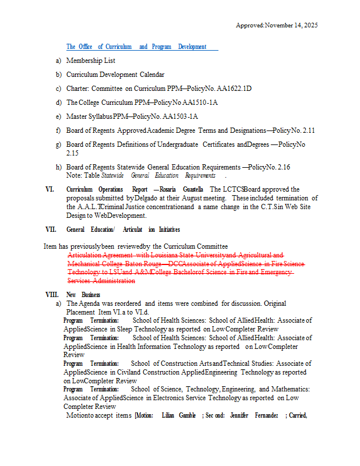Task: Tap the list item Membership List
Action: (x=90, y=61)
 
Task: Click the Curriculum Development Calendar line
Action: (x=115, y=75)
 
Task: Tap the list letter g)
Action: (x=58, y=144)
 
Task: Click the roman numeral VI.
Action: (x=50, y=189)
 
